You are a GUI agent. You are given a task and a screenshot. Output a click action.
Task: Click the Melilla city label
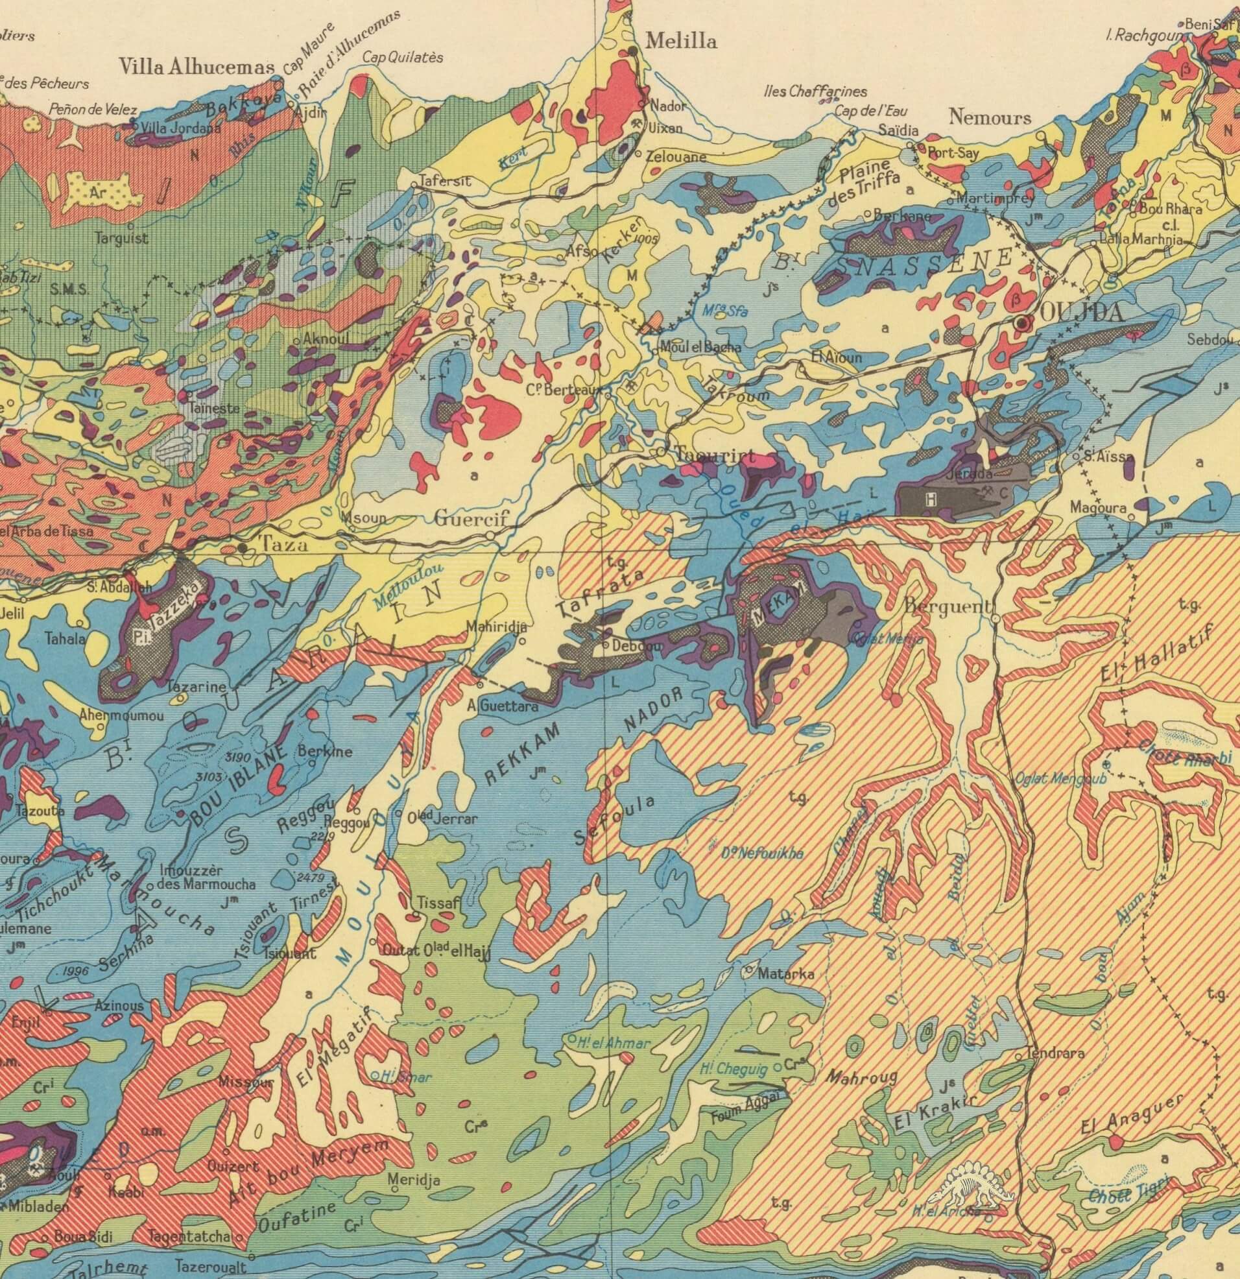(681, 42)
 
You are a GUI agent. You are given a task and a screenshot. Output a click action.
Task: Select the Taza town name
(284, 544)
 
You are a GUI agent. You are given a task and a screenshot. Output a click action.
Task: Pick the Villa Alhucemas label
(197, 67)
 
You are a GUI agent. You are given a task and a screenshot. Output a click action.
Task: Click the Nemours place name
(990, 117)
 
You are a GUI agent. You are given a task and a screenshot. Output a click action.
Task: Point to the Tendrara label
(1055, 1053)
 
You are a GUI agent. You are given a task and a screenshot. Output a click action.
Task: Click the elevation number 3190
(237, 757)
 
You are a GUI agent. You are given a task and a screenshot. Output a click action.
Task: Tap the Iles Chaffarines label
(815, 91)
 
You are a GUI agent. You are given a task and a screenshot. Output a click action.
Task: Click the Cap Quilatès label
(403, 58)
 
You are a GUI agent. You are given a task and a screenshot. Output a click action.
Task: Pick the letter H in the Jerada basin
(930, 499)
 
